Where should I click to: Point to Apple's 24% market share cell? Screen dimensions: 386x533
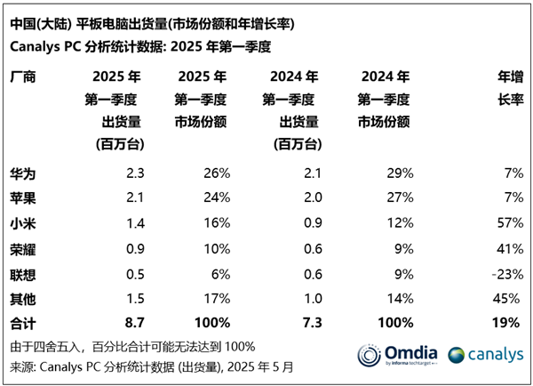pyautogui.click(x=217, y=195)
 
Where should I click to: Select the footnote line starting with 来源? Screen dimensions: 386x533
pyautogui.click(x=151, y=365)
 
